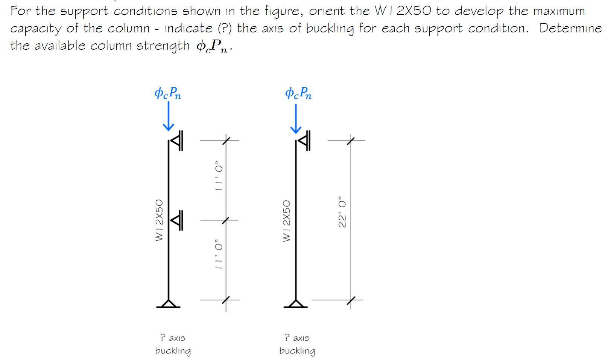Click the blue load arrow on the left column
coord(168,117)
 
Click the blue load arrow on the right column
coord(296,119)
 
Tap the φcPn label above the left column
coord(168,93)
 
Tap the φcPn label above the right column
coord(298,93)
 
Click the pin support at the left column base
coord(168,303)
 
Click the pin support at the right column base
coord(296,303)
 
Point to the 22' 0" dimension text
coord(342,212)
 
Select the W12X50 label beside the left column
coord(160,220)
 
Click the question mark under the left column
coord(163,336)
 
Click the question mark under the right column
coord(287,336)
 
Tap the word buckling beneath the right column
coord(297,351)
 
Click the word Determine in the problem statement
coord(570,28)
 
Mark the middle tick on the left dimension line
coord(226,220)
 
